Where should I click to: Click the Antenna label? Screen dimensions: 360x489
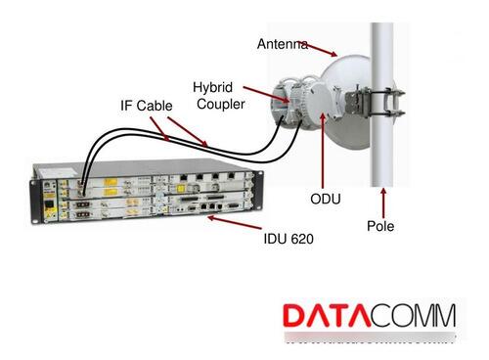(x=282, y=44)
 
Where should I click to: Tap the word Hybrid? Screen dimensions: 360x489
(x=211, y=87)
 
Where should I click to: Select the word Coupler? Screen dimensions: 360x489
(x=221, y=105)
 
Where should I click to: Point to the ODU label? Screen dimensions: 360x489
(x=325, y=200)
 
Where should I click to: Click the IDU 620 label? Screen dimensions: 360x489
(x=289, y=238)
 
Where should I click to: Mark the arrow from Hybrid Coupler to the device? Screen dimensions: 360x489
(x=263, y=96)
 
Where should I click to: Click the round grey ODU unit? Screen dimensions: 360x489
(x=313, y=103)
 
